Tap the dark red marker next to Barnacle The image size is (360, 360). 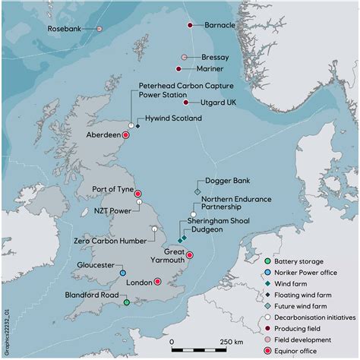[x=190, y=25]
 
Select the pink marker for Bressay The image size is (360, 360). [x=184, y=57]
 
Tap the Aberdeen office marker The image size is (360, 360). [x=126, y=135]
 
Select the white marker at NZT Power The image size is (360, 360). [x=139, y=202]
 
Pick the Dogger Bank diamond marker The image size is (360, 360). [x=197, y=192]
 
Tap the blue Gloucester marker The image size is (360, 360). [x=123, y=273]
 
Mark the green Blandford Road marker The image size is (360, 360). [x=127, y=302]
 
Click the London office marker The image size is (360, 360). [x=157, y=282]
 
